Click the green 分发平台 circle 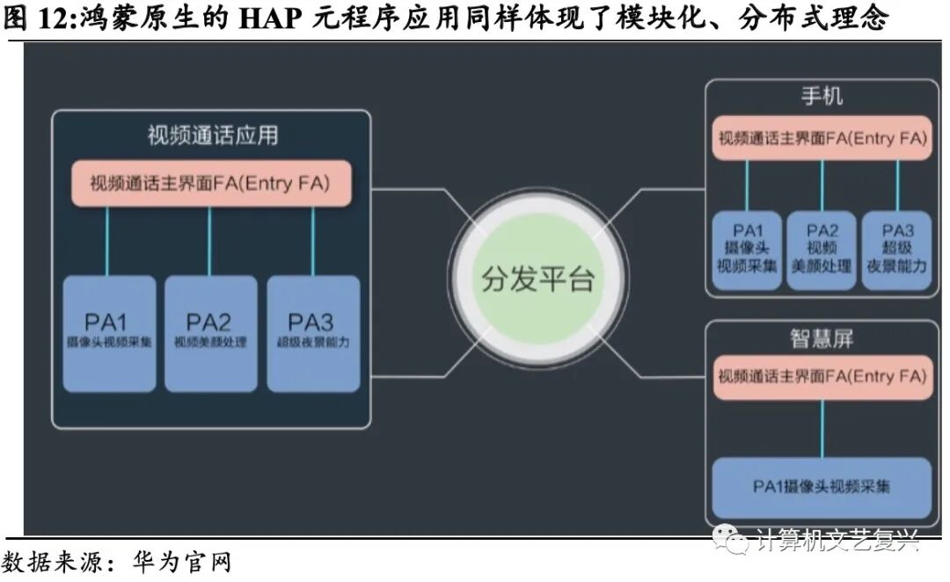pos(537,280)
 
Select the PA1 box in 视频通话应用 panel pos(109,333)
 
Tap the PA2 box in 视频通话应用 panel pos(210,333)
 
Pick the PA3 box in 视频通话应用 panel pos(313,333)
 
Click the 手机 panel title pos(822,96)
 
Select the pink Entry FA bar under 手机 pos(822,139)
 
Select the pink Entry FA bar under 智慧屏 pos(822,377)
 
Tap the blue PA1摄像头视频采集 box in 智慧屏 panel pos(822,486)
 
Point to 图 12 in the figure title pos(35,18)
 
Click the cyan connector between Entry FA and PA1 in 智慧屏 pos(822,428)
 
